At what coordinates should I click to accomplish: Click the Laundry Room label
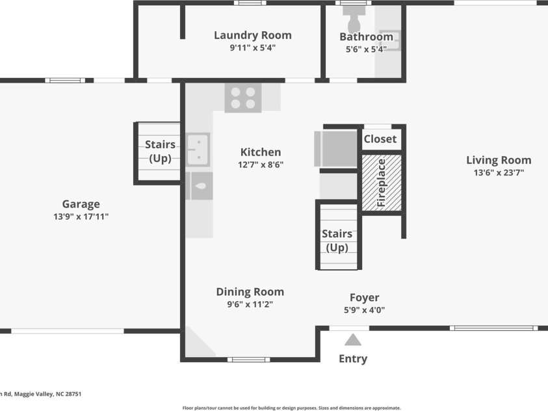click(x=253, y=35)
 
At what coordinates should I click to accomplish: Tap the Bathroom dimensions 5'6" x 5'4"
click(x=366, y=49)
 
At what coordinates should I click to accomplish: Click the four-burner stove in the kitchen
click(x=243, y=98)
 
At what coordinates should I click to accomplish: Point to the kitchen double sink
click(x=198, y=150)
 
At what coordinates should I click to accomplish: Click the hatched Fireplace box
click(x=382, y=183)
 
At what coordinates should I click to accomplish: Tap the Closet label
click(x=380, y=139)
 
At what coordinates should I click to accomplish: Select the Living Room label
click(x=499, y=160)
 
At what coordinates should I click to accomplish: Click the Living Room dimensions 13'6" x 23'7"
click(x=499, y=172)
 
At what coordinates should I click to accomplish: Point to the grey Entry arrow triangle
click(x=352, y=339)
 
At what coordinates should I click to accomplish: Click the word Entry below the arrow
click(x=353, y=359)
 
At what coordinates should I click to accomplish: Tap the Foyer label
click(x=365, y=297)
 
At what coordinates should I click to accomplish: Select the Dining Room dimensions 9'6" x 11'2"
click(x=250, y=304)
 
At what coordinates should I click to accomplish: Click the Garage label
click(x=81, y=204)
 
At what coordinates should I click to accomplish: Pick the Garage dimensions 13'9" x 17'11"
click(x=81, y=217)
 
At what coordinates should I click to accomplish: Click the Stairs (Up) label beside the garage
click(x=160, y=152)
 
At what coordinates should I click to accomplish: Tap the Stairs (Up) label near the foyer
click(x=337, y=241)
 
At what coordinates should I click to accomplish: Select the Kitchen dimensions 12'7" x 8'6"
click(x=261, y=165)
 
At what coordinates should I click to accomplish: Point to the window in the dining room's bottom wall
click(x=248, y=360)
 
